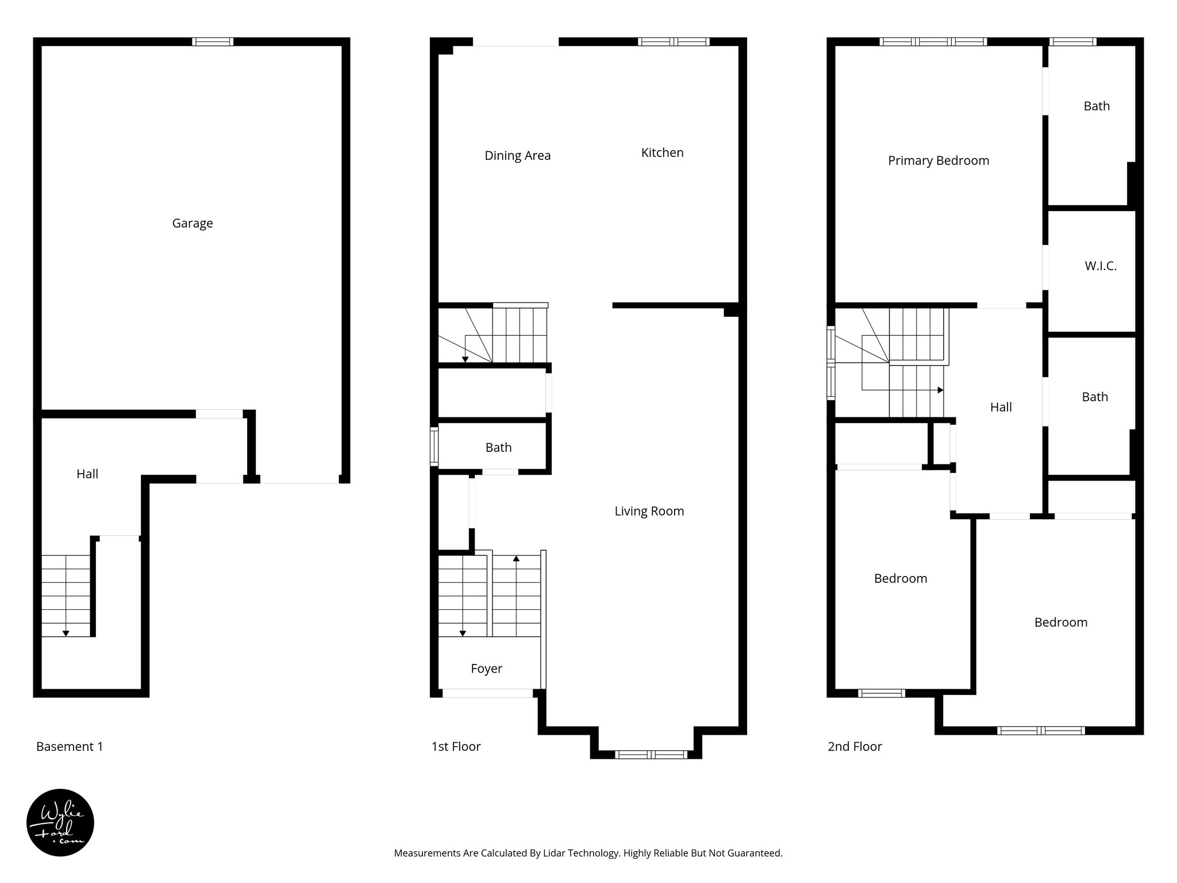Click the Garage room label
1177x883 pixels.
pyautogui.click(x=193, y=223)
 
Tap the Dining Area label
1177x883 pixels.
pyautogui.click(x=517, y=155)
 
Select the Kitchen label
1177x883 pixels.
pyautogui.click(x=662, y=152)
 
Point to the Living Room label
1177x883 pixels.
pyautogui.click(x=649, y=511)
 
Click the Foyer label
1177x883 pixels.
pyautogui.click(x=486, y=669)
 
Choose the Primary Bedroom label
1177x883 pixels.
pyautogui.click(x=938, y=160)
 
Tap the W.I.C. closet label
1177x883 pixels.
pyautogui.click(x=1101, y=266)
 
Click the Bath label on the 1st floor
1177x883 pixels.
pyautogui.click(x=498, y=447)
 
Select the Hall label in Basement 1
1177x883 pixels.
pyautogui.click(x=87, y=474)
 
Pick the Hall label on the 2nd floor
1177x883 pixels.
pyautogui.click(x=1001, y=407)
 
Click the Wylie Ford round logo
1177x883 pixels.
pyautogui.click(x=60, y=823)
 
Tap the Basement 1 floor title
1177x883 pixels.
pyautogui.click(x=70, y=746)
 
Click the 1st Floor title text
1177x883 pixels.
pyautogui.click(x=456, y=746)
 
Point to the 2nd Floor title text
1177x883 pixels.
pyautogui.click(x=855, y=746)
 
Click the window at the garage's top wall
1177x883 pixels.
pyautogui.click(x=213, y=41)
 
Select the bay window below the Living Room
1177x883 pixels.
pyautogui.click(x=651, y=754)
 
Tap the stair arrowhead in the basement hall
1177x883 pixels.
pyautogui.click(x=66, y=634)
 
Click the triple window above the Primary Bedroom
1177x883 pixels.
pyautogui.click(x=933, y=41)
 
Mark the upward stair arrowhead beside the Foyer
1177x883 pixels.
pyautogui.click(x=516, y=558)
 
